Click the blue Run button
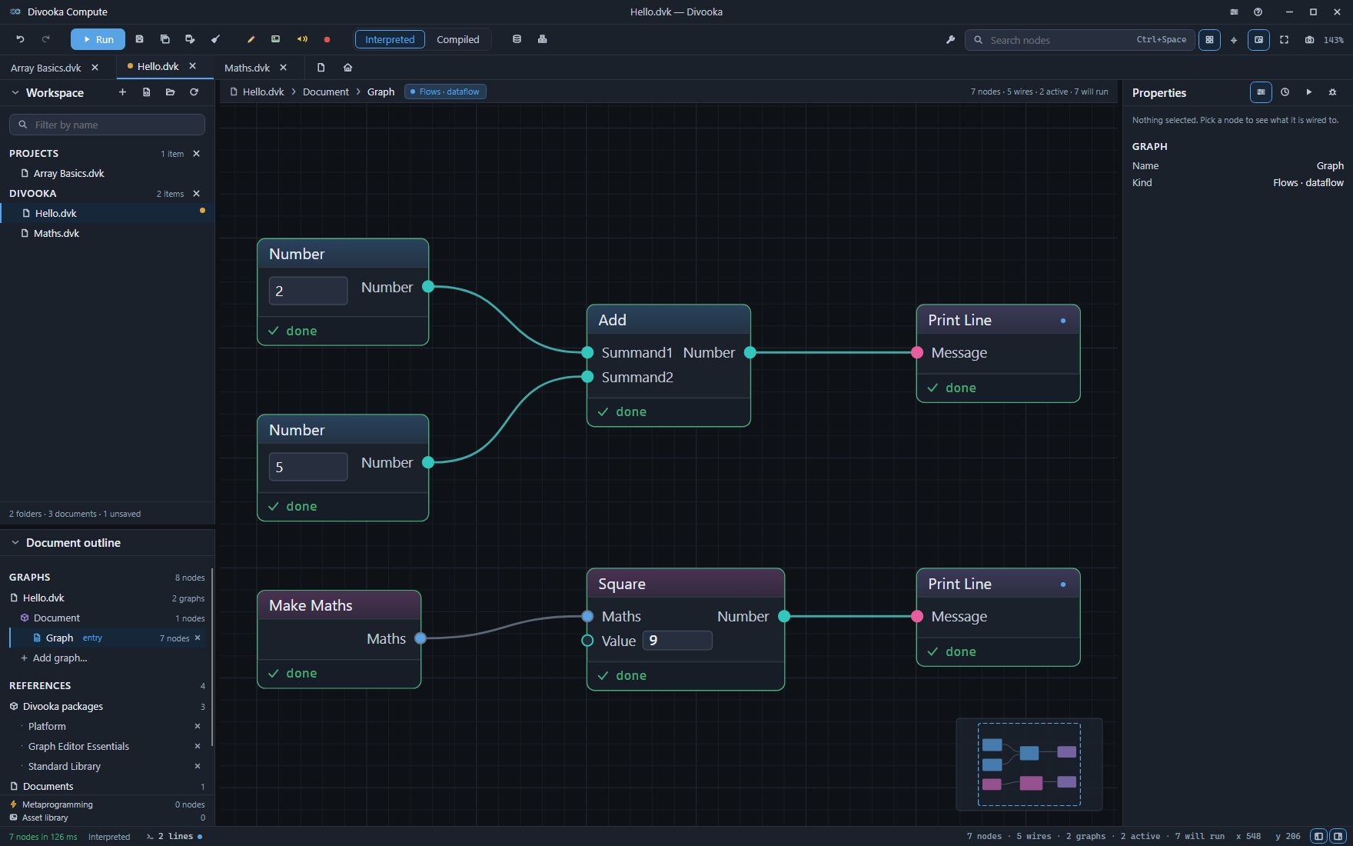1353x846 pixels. (98, 39)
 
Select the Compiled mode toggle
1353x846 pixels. (457, 39)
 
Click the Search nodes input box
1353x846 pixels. (1079, 39)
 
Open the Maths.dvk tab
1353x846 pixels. (247, 68)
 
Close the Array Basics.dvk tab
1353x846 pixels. (95, 68)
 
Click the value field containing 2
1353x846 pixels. (308, 291)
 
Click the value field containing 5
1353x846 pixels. (308, 467)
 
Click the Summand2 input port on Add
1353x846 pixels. (587, 377)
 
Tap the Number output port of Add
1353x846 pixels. (750, 352)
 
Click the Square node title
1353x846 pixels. (622, 584)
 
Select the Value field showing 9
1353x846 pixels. (677, 641)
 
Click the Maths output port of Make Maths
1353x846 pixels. (421, 638)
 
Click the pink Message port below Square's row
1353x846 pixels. (917, 616)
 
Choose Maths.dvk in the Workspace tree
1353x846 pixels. (56, 233)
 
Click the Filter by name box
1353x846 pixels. (107, 125)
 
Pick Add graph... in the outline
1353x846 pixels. (60, 658)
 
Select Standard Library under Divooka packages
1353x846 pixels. (65, 766)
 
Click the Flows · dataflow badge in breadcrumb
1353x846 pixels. (445, 92)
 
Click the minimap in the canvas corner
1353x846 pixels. (1029, 764)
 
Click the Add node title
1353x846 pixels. (613, 320)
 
